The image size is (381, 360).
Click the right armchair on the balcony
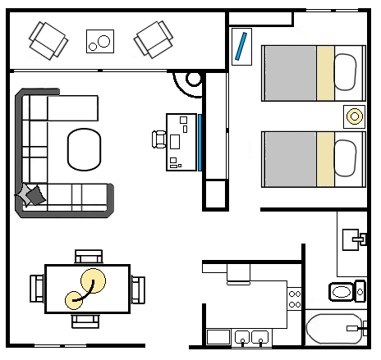[154, 38]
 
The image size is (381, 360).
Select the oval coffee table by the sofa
[84, 149]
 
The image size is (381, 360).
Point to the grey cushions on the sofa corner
[32, 194]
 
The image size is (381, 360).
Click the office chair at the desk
[159, 139]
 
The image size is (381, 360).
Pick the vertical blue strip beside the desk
[200, 142]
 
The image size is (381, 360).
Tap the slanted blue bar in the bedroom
[241, 46]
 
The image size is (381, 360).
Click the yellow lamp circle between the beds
[355, 116]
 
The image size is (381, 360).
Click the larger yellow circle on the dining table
[91, 281]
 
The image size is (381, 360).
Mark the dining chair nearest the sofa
[88, 255]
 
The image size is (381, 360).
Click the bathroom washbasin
[356, 239]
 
